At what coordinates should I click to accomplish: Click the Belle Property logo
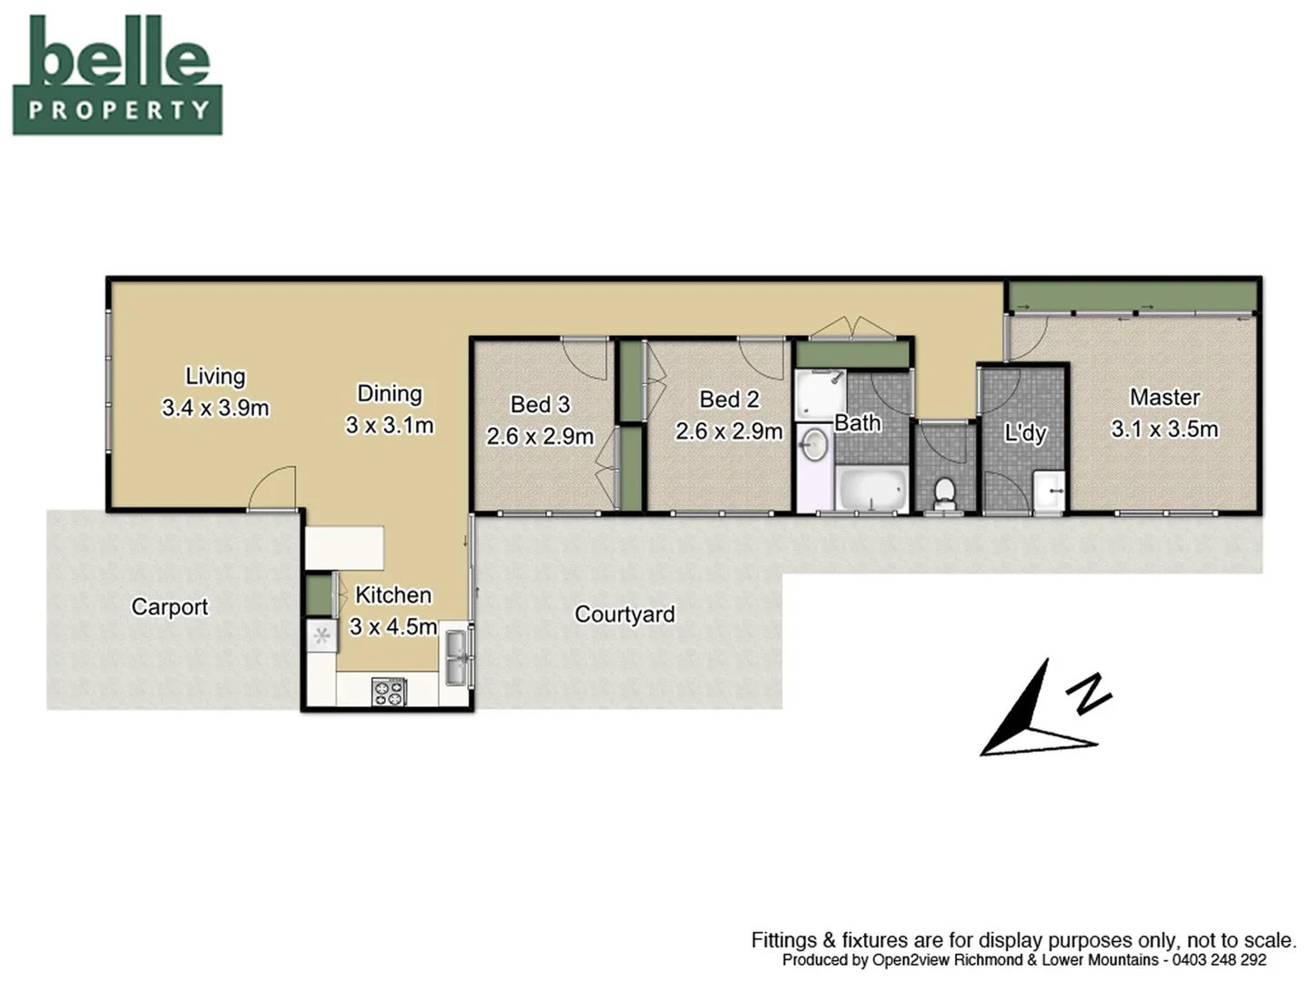tap(117, 75)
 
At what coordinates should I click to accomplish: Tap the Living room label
tap(215, 376)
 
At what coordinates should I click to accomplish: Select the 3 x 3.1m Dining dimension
tap(390, 425)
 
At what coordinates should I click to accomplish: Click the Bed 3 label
tap(540, 404)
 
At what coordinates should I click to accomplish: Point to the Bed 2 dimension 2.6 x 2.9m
tap(728, 431)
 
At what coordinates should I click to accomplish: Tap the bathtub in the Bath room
tap(871, 490)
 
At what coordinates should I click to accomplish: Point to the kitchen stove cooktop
tap(389, 691)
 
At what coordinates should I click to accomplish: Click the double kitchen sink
tap(454, 657)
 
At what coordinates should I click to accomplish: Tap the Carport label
tap(169, 607)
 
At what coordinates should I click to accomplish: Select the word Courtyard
tap(625, 614)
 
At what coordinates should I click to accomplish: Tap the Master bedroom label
tap(1164, 398)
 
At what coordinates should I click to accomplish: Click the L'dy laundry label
tap(1025, 433)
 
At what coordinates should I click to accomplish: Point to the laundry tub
tap(1049, 492)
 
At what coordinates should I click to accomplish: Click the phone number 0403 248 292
tap(1219, 960)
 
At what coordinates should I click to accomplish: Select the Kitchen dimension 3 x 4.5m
tap(393, 627)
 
